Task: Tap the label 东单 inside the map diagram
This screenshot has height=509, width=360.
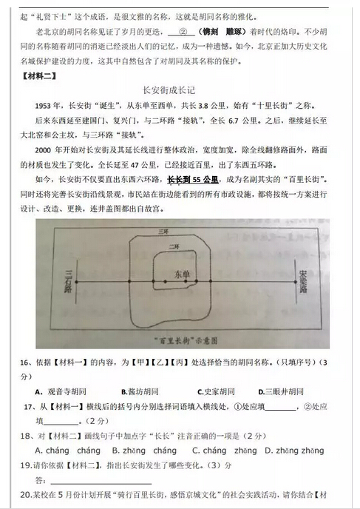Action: (181, 274)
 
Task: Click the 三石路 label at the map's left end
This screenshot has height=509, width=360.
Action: (70, 282)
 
